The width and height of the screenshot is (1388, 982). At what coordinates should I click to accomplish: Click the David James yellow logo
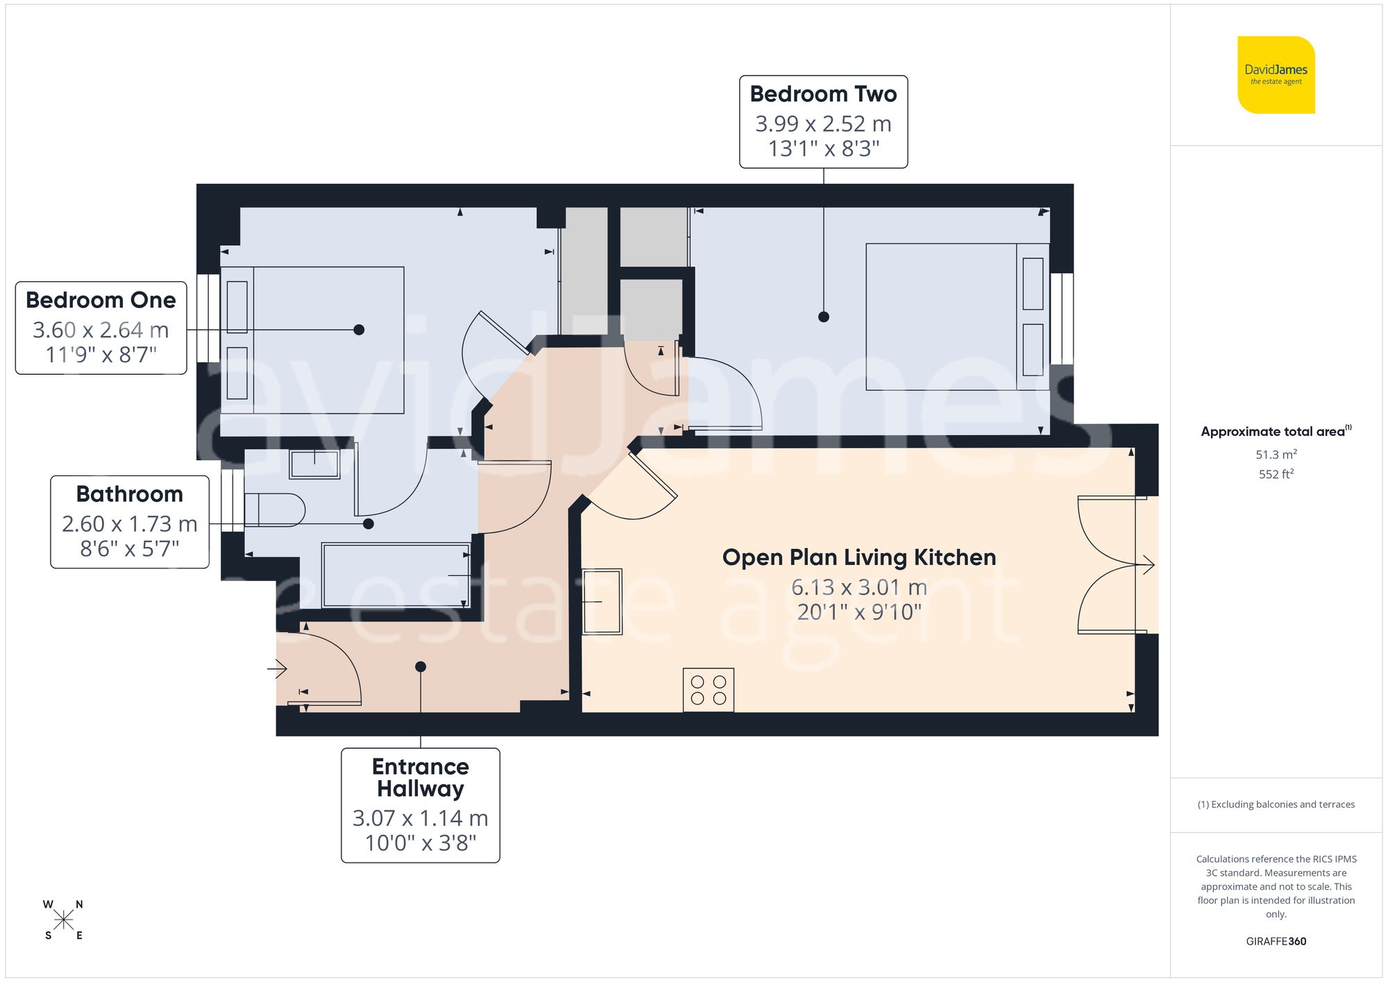point(1276,75)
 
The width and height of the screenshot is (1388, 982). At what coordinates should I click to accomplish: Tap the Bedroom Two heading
point(823,94)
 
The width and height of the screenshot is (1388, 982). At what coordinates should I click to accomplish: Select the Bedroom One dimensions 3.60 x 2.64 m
point(101,330)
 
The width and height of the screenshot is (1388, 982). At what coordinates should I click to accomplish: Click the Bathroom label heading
point(129,494)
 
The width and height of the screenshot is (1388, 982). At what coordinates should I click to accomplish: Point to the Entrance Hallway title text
point(420,777)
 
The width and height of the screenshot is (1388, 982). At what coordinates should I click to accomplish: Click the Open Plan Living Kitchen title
point(858,557)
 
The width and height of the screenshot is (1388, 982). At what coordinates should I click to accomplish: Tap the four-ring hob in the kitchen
point(708,690)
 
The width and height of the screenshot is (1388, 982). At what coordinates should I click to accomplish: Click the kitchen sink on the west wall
point(601,601)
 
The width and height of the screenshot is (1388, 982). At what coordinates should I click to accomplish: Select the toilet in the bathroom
point(275,510)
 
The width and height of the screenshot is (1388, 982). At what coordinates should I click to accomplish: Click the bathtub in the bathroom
point(396,575)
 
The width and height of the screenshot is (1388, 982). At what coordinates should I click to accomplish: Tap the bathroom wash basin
point(314,464)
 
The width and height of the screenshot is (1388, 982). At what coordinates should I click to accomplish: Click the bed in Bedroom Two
point(956,316)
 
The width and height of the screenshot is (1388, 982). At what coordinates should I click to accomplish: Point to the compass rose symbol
point(63,920)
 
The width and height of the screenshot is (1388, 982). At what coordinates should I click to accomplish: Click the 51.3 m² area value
point(1276,455)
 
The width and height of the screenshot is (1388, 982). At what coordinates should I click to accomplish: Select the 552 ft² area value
point(1276,474)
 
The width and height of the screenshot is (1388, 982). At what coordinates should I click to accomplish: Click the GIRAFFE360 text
point(1276,941)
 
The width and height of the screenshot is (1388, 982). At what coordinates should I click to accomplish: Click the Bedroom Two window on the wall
point(1062,319)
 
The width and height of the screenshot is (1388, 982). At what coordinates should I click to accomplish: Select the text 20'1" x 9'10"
point(858,612)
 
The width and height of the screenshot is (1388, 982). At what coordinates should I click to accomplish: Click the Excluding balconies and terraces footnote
point(1276,804)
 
